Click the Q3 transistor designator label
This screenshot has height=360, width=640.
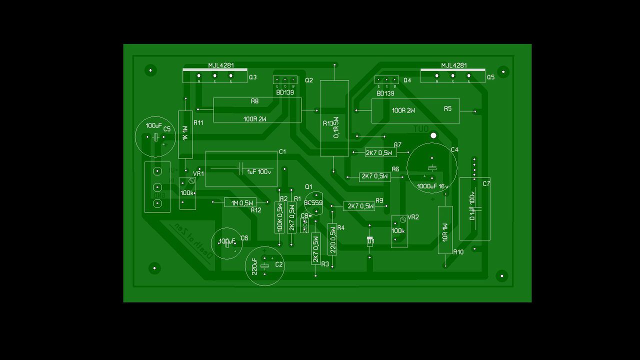pos(252,77)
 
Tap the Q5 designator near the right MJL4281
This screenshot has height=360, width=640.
pos(490,77)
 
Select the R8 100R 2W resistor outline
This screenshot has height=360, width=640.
pos(257,110)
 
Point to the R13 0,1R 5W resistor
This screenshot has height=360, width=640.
pos(334,118)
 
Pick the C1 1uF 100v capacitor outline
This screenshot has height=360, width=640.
pos(241,169)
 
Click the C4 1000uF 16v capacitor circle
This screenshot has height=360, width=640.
pos(431,168)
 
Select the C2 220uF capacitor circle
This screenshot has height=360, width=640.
pos(264,266)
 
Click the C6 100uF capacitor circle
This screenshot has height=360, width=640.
pos(227,243)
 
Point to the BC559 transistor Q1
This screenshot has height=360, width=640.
pos(314,203)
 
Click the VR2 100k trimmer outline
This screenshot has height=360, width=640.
pos(398,231)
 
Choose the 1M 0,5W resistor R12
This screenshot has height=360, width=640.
pos(240,202)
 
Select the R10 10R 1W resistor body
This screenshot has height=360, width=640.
pos(445,230)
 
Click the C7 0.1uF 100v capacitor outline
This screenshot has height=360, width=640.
pos(474,208)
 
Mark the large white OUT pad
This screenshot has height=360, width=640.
pos(433,135)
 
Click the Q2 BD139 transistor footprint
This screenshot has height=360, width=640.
pos(285,80)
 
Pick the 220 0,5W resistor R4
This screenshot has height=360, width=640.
pos(332,239)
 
